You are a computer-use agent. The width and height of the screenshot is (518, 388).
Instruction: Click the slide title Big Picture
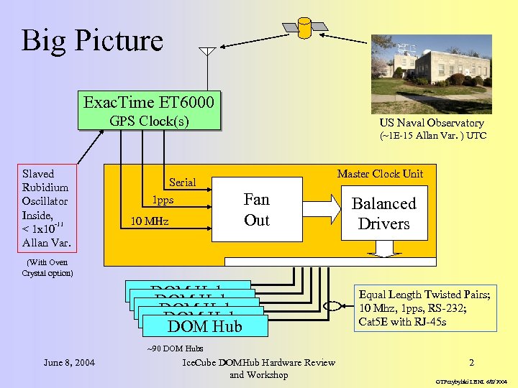(93, 40)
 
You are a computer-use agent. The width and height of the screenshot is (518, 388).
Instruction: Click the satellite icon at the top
(305, 28)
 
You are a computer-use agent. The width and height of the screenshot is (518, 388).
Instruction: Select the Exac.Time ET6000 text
(148, 102)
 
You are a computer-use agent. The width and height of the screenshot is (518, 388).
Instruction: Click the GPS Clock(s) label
(149, 121)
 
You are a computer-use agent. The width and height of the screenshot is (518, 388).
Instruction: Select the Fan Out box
(256, 210)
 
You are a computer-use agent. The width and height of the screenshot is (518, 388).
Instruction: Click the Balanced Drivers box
(383, 213)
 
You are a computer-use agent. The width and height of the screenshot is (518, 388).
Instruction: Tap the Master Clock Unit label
(380, 173)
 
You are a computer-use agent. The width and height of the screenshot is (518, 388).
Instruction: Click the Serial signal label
(182, 183)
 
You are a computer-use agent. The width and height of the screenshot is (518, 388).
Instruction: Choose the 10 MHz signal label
(149, 221)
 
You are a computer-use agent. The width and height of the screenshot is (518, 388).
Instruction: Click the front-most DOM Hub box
(205, 326)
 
